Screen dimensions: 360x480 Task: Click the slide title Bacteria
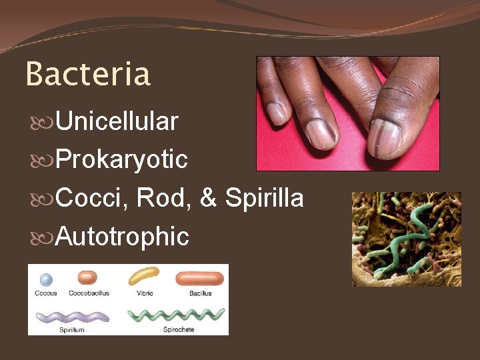pos(88,74)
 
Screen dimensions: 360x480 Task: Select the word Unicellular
pos(117,121)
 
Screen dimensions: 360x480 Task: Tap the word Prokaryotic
pos(121,159)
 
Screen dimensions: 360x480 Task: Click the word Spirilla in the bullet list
pos(264,198)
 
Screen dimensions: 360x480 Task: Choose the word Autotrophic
pos(122,236)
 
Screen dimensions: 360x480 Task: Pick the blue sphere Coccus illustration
pos(45,280)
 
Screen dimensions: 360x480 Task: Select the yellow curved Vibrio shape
pos(144,275)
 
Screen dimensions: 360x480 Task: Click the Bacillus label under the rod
pos(199,293)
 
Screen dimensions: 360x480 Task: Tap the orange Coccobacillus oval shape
pos(88,277)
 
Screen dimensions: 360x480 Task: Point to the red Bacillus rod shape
pos(199,279)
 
